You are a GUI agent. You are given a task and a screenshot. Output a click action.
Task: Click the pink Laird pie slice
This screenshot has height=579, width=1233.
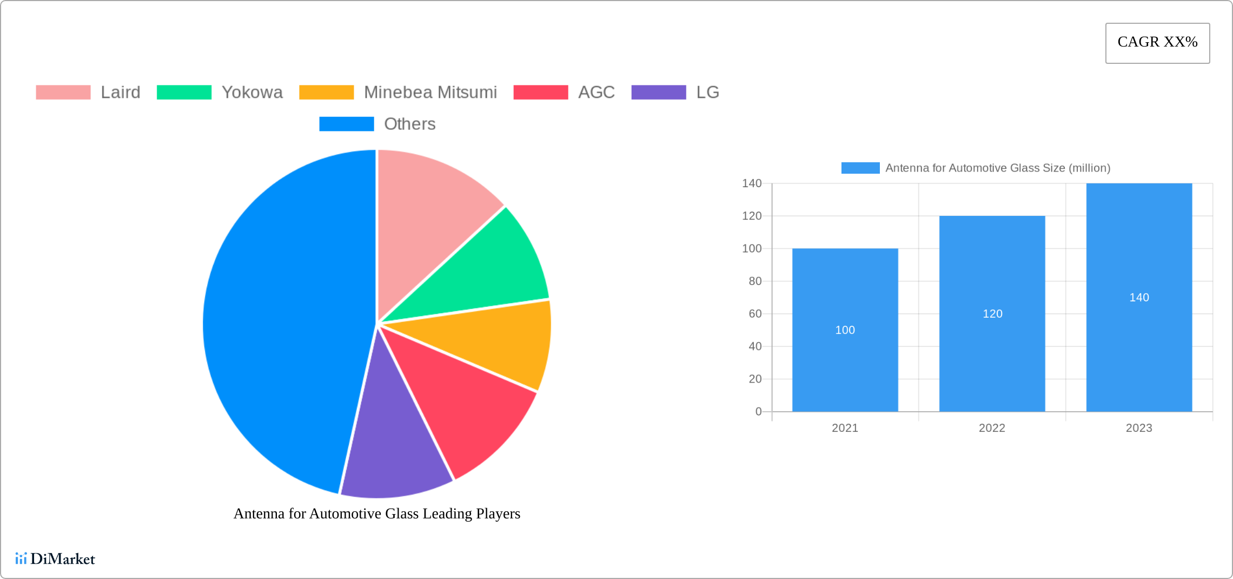427,216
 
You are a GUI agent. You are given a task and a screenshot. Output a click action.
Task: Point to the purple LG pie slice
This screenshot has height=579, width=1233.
395,449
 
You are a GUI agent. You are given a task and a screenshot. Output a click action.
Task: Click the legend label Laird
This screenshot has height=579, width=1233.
120,93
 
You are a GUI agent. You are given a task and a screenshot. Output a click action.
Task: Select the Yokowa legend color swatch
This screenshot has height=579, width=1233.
184,93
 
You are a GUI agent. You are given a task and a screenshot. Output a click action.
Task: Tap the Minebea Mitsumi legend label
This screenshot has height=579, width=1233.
430,93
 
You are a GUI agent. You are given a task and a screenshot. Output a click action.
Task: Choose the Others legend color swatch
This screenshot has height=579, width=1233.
346,124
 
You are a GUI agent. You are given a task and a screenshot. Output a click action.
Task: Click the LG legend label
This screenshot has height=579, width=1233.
707,93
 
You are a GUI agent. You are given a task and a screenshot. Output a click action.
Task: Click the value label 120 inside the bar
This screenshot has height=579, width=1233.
992,314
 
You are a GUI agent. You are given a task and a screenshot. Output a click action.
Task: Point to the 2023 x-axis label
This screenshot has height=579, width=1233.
1139,428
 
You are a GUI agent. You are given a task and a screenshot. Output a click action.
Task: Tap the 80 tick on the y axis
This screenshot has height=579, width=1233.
755,281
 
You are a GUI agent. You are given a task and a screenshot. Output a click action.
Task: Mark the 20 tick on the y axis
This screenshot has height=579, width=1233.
755,379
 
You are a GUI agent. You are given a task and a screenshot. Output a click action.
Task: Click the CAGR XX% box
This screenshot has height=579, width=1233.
1157,43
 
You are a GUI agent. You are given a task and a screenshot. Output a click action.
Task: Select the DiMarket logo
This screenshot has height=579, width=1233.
55,558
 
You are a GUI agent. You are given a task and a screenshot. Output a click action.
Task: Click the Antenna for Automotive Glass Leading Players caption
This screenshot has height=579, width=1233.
376,514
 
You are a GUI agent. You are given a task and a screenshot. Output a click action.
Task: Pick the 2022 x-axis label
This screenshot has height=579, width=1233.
992,428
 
